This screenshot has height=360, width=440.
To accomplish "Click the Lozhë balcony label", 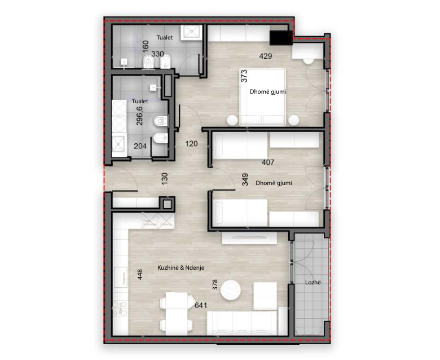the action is pos(313,282).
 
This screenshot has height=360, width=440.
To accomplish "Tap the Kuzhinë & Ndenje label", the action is pos(181,267).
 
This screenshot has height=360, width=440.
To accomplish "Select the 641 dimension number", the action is pos(201,305).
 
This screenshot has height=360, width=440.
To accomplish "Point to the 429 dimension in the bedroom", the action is pos(266,56).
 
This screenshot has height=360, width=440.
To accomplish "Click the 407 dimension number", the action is pos(268,162).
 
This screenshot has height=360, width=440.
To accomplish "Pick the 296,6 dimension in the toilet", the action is pos(139,115).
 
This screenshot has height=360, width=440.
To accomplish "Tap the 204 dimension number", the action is pos(140,146).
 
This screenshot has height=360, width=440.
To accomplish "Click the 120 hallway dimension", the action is pos(191,144).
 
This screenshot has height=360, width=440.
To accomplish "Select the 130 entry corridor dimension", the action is pos(165,178).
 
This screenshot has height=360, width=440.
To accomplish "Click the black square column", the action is pos(281,38).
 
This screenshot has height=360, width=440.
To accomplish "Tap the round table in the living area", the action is pos(230,290).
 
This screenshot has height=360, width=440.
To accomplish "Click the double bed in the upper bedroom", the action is pos(262,97).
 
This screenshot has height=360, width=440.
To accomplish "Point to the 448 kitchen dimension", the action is pos(140,274).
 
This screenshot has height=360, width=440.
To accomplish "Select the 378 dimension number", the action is pos(215,284).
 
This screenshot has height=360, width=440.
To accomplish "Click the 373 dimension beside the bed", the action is pos(244,76).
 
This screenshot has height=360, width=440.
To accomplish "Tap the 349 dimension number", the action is pos(245,179).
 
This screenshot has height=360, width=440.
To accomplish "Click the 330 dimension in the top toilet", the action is pos(157,54).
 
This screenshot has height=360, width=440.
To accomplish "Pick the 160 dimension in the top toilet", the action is pos(146,46).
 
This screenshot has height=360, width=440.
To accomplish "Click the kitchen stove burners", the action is pos(120,309).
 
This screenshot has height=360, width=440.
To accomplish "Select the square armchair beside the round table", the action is pos(265,296).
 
